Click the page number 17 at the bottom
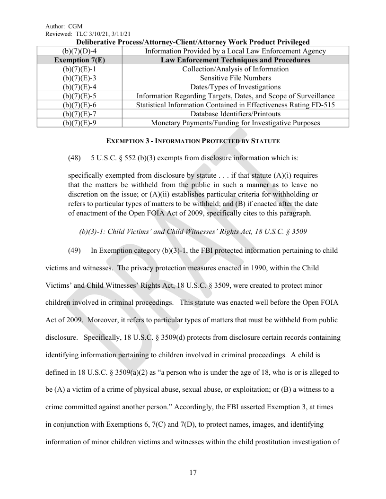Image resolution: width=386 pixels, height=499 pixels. coord(193,472)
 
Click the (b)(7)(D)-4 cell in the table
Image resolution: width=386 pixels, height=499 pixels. coord(79,51)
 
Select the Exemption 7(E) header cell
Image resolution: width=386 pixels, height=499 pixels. coord(79,60)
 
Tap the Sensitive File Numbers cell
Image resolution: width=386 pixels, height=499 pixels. coord(235,78)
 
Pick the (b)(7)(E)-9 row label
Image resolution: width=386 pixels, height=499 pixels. coord(79,123)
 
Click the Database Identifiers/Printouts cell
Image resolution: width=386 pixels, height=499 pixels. coord(235,114)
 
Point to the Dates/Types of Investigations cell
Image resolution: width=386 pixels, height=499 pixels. coord(235,87)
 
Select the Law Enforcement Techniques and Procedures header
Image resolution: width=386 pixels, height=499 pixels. coord(235,60)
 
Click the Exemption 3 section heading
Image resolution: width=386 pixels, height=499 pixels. coord(193,141)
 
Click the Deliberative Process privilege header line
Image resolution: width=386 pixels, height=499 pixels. coord(193,42)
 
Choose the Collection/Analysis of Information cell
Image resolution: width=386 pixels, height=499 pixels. coord(235,69)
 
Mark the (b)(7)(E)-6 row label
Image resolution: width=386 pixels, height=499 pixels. coord(79,105)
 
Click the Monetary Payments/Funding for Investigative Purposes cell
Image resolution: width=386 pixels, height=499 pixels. coord(235,123)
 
